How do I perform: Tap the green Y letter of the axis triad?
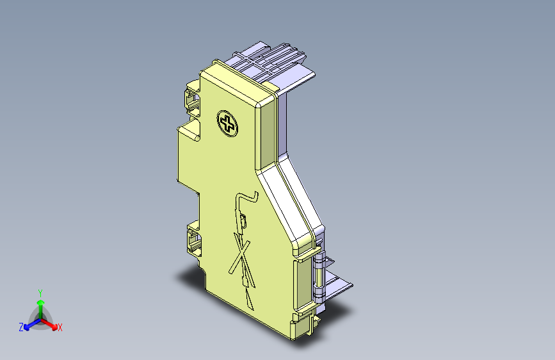[40, 291]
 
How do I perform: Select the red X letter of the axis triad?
[60, 327]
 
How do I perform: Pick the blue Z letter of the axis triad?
[21, 327]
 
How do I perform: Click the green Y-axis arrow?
[40, 304]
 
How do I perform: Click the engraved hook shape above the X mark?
[246, 198]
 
